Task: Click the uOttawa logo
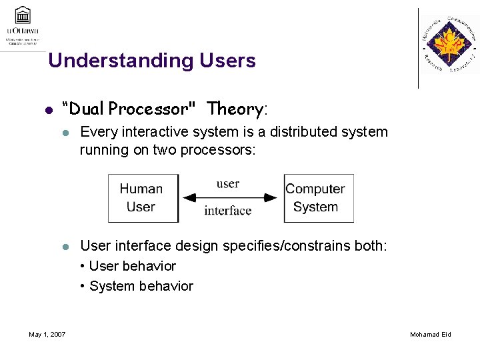click(23, 25)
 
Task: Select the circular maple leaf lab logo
click(449, 45)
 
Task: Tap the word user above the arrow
click(228, 184)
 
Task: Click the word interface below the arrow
click(228, 211)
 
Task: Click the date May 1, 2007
click(47, 334)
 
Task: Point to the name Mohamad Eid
click(431, 334)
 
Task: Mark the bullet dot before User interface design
click(66, 247)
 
